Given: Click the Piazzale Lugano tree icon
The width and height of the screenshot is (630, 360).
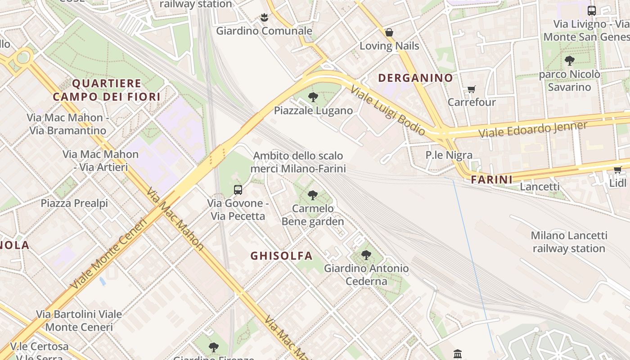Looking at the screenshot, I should [x=313, y=97].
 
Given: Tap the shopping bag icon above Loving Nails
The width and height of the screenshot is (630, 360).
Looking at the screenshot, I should [x=389, y=32].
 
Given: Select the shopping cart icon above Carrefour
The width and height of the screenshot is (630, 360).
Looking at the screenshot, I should [x=471, y=89].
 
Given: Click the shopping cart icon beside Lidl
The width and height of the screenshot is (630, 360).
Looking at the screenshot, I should [x=617, y=170].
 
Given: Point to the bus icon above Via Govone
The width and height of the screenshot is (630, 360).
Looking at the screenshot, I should [x=238, y=190].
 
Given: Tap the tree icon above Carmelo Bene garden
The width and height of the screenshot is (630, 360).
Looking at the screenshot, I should [x=313, y=195].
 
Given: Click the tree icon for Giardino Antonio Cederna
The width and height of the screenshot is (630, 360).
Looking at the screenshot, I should [x=366, y=255].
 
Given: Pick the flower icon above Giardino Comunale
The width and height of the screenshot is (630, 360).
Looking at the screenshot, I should [x=264, y=18].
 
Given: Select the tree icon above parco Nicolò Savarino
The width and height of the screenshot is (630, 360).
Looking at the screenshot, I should [x=569, y=61].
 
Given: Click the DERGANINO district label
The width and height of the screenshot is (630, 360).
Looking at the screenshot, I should [x=415, y=78].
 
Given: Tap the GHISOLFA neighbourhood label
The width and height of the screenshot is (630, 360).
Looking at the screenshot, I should [x=281, y=256].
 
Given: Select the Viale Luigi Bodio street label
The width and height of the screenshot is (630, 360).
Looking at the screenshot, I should [x=387, y=111].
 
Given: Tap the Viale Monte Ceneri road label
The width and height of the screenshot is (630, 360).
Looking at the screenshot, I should [x=109, y=253].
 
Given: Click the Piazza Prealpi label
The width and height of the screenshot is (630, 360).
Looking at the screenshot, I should [x=74, y=203].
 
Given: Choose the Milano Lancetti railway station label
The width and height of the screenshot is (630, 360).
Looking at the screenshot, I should [x=569, y=242].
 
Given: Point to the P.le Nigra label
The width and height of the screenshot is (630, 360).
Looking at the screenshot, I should [x=449, y=156].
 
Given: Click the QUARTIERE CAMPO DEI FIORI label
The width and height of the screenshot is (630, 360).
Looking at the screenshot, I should [x=107, y=90].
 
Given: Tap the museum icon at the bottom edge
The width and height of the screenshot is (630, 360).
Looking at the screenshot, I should [x=458, y=354].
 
